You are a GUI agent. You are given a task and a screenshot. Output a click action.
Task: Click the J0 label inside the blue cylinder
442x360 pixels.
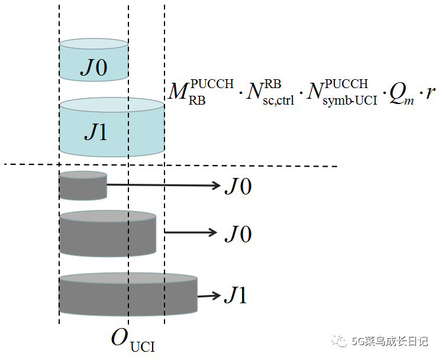click(94, 68)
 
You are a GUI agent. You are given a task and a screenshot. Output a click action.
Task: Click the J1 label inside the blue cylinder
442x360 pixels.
click(95, 131)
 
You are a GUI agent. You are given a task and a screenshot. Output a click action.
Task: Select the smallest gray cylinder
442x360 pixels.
click(82, 186)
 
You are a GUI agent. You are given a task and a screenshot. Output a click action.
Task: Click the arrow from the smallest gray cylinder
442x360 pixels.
click(163, 185)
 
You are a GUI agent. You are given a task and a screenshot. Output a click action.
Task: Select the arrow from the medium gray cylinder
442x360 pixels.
click(191, 232)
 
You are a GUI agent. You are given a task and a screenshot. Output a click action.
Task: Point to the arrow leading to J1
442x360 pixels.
click(208, 296)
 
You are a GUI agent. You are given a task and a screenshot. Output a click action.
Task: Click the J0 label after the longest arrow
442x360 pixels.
click(238, 186)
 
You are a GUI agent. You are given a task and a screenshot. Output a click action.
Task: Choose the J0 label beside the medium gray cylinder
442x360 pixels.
click(238, 233)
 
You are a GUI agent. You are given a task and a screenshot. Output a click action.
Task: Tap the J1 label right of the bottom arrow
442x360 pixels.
click(235, 295)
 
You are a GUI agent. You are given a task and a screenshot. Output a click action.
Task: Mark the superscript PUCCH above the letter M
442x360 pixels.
click(212, 83)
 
